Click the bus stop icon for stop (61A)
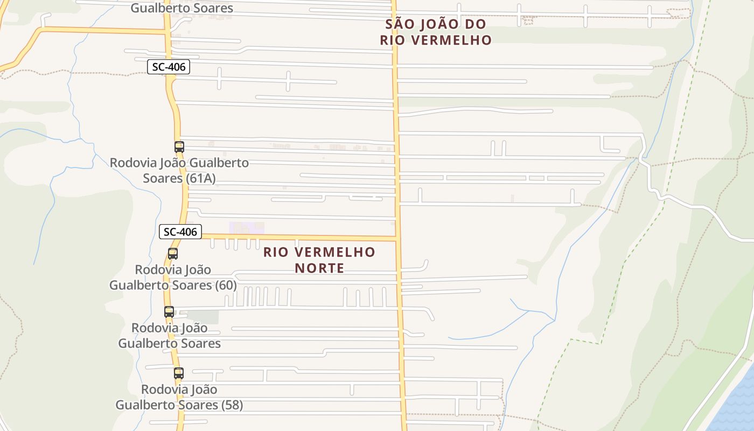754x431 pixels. (x=179, y=147)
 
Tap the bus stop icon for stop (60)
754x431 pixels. (x=173, y=254)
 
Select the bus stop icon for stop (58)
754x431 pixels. (x=179, y=373)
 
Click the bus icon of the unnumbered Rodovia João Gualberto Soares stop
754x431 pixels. (x=169, y=311)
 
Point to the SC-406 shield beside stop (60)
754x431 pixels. (x=180, y=232)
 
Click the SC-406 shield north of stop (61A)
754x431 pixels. (x=169, y=67)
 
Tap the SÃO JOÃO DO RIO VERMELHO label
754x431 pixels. (x=436, y=32)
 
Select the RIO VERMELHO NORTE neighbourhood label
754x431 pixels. (x=319, y=260)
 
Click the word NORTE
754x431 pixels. (x=319, y=268)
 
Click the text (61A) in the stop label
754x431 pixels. (x=201, y=178)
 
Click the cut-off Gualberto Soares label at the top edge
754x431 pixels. (x=182, y=8)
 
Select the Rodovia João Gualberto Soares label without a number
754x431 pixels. (x=170, y=335)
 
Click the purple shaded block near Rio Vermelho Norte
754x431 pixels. (x=240, y=228)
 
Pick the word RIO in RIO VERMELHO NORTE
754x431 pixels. (x=276, y=252)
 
